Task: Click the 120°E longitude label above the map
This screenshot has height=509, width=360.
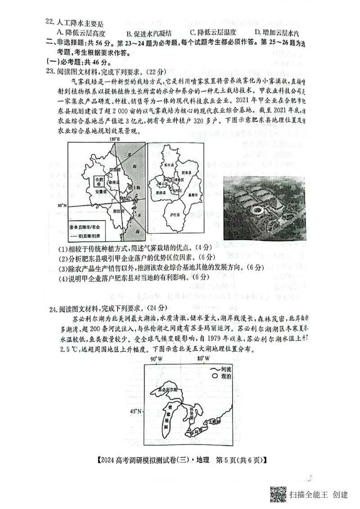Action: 115,139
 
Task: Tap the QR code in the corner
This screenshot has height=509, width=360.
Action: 278,494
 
